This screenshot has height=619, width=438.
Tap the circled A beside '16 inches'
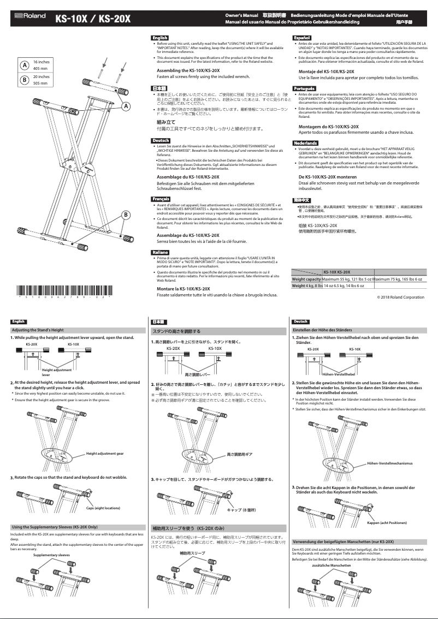tap(24, 66)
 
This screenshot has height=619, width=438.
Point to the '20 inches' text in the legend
tap(42, 77)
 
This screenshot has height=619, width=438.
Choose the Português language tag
tap(304, 88)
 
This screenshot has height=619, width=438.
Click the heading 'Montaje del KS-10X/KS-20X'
tap(327, 72)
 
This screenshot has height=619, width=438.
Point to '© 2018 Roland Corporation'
tap(400, 297)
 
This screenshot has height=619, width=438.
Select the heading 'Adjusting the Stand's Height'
tap(38, 330)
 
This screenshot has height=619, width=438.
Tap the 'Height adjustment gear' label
tap(105, 454)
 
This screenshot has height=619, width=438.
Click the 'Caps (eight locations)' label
tap(103, 508)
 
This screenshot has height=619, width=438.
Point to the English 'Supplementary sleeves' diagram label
tap(51, 555)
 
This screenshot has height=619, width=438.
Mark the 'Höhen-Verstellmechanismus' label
tap(389, 463)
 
